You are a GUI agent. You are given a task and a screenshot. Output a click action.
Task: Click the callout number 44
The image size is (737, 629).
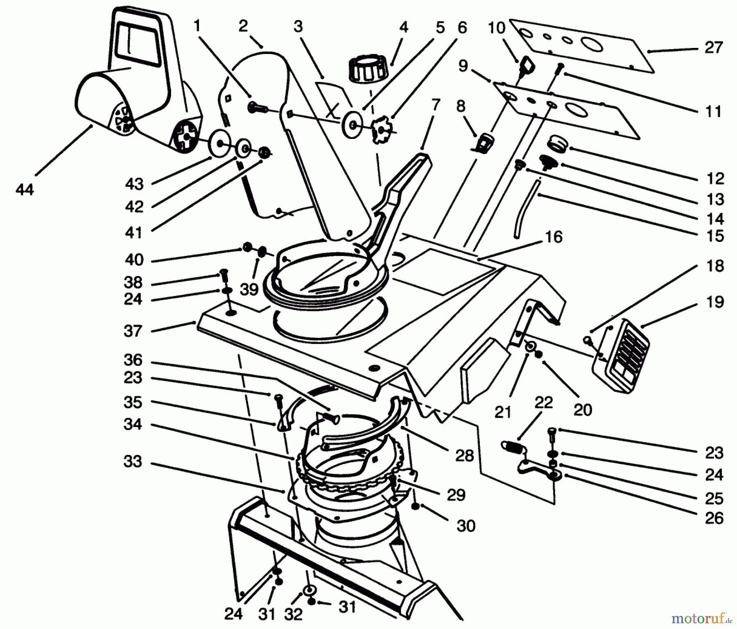(25, 190)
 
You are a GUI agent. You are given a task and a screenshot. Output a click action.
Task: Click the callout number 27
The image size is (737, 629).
(713, 48)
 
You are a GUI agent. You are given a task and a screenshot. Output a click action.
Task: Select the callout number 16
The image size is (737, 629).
(554, 237)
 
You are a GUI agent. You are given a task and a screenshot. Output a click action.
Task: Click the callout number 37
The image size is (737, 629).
(133, 331)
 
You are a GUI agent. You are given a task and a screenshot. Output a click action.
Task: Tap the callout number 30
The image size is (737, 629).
(466, 525)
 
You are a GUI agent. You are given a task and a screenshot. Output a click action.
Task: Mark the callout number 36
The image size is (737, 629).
(133, 360)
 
